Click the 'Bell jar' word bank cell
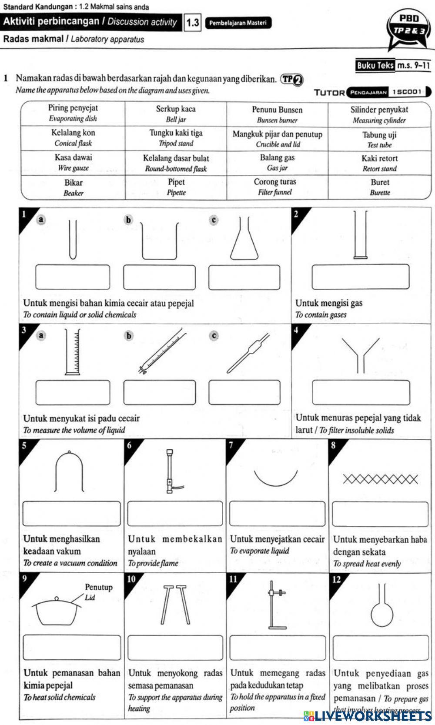click(176, 114)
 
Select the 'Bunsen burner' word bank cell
click(277, 114)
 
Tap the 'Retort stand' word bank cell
click(379, 163)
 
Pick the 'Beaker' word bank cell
click(73, 187)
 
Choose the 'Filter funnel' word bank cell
click(275, 187)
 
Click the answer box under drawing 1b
click(159, 277)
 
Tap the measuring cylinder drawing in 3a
click(73, 352)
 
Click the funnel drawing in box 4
click(361, 354)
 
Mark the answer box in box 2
click(361, 277)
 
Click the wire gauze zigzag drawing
click(380, 479)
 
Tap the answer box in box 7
click(277, 514)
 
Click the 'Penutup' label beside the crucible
click(99, 587)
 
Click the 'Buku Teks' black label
click(375, 66)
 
